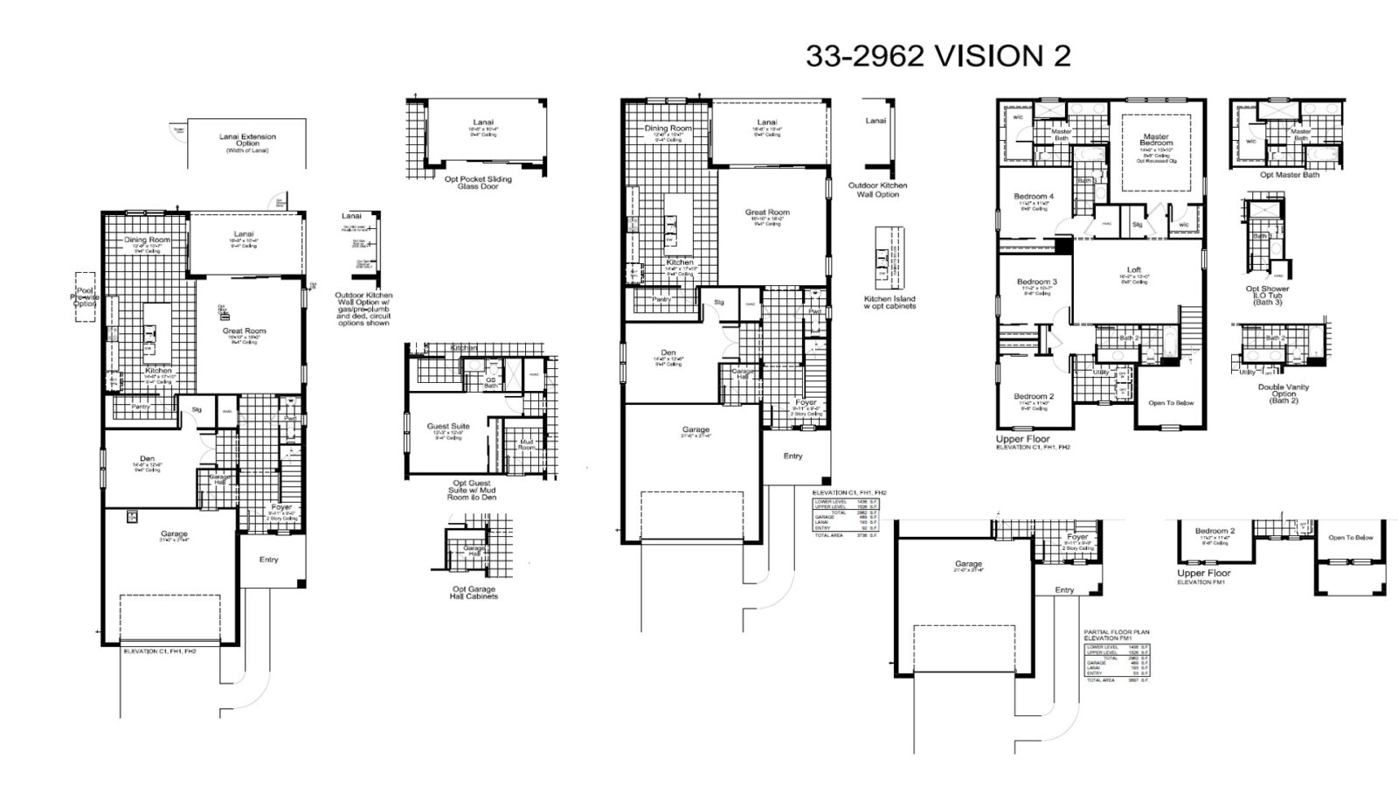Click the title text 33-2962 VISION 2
938,56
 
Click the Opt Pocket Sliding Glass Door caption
478,183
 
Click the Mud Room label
526,445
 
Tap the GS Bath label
491,383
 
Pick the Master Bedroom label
1156,140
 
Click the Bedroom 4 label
1034,197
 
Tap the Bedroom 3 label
1037,282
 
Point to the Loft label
1133,270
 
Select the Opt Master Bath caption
1289,175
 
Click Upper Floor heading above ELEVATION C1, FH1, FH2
1022,439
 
